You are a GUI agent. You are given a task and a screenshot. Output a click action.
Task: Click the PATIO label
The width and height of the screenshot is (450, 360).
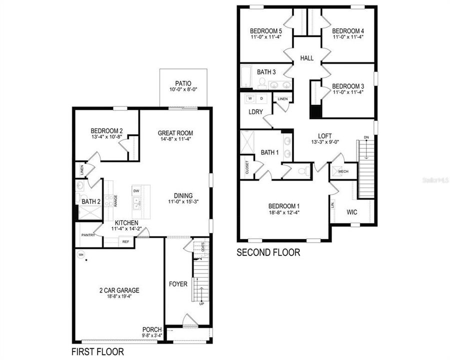coord(182,83)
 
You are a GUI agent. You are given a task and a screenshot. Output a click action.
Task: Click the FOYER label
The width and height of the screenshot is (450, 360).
coord(178,284)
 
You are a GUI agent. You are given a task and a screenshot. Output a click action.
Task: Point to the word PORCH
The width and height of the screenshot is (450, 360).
coord(152,329)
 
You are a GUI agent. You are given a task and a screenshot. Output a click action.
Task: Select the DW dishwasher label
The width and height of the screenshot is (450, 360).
coord(135,190)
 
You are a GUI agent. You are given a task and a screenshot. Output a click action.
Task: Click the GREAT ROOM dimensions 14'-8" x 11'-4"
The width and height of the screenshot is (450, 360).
coord(175,139)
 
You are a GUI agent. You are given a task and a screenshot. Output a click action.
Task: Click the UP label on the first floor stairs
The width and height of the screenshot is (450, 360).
coord(201,303)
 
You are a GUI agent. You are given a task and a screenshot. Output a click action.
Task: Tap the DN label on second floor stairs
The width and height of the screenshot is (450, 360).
coord(366,137)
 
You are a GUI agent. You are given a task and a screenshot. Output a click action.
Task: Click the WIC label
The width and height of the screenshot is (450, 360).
coord(352,212)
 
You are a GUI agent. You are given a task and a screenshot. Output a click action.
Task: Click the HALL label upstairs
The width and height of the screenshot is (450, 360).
coord(307,58)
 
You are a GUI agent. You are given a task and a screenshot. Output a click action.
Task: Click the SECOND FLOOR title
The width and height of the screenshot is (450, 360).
coord(268,253)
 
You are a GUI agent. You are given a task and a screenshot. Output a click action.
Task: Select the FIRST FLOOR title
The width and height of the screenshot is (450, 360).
coord(97,351)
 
